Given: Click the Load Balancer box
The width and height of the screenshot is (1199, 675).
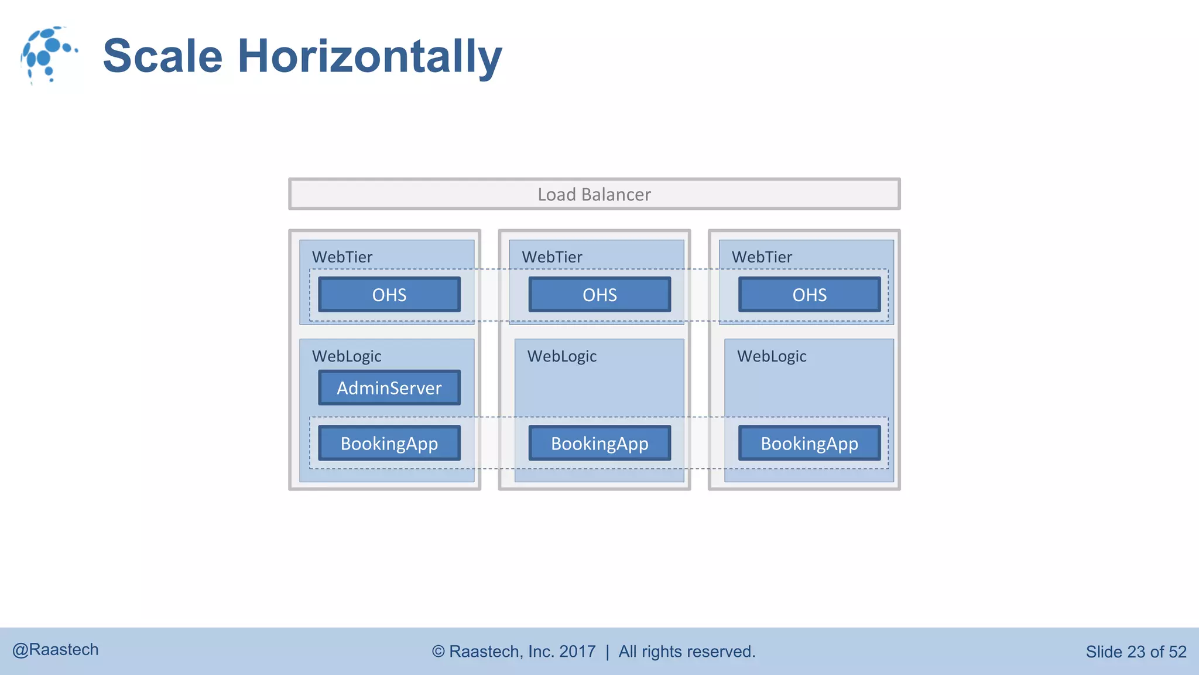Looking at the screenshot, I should pyautogui.click(x=594, y=194).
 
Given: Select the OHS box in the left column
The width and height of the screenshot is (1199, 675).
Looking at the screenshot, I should pyautogui.click(x=389, y=294).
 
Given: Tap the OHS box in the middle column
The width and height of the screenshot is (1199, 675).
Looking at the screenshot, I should pyautogui.click(x=599, y=294).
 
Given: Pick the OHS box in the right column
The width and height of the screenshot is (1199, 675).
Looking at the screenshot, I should pyautogui.click(x=809, y=294).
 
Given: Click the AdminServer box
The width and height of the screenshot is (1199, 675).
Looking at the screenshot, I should pyautogui.click(x=389, y=387).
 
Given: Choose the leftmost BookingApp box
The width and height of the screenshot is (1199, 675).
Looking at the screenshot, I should pyautogui.click(x=389, y=443).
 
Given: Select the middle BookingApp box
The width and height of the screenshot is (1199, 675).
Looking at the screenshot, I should pyautogui.click(x=599, y=443).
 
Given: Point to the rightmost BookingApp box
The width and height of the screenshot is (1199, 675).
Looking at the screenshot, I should pyautogui.click(x=809, y=443).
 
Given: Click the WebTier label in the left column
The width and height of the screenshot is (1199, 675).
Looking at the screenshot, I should pyautogui.click(x=342, y=257).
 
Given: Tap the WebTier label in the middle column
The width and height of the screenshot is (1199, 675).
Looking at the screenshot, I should pyautogui.click(x=552, y=257).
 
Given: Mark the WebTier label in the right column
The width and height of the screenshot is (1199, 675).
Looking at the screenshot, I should pyautogui.click(x=762, y=257).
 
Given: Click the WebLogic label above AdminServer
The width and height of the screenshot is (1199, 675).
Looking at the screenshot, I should pyautogui.click(x=347, y=356).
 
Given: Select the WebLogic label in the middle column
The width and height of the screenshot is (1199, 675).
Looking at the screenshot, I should pyautogui.click(x=562, y=356).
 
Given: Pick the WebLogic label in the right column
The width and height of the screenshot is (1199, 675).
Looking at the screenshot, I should pyautogui.click(x=772, y=356).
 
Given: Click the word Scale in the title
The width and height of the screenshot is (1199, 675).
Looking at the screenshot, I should pyautogui.click(x=163, y=56).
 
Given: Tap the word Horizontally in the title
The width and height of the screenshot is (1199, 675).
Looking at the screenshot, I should pyautogui.click(x=370, y=56).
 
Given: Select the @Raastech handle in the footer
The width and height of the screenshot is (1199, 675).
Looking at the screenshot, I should pyautogui.click(x=56, y=650).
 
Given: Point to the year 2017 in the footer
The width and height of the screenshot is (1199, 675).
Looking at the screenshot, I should pyautogui.click(x=577, y=652).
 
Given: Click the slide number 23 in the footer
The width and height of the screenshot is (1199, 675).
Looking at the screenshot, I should pyautogui.click(x=1136, y=652).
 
